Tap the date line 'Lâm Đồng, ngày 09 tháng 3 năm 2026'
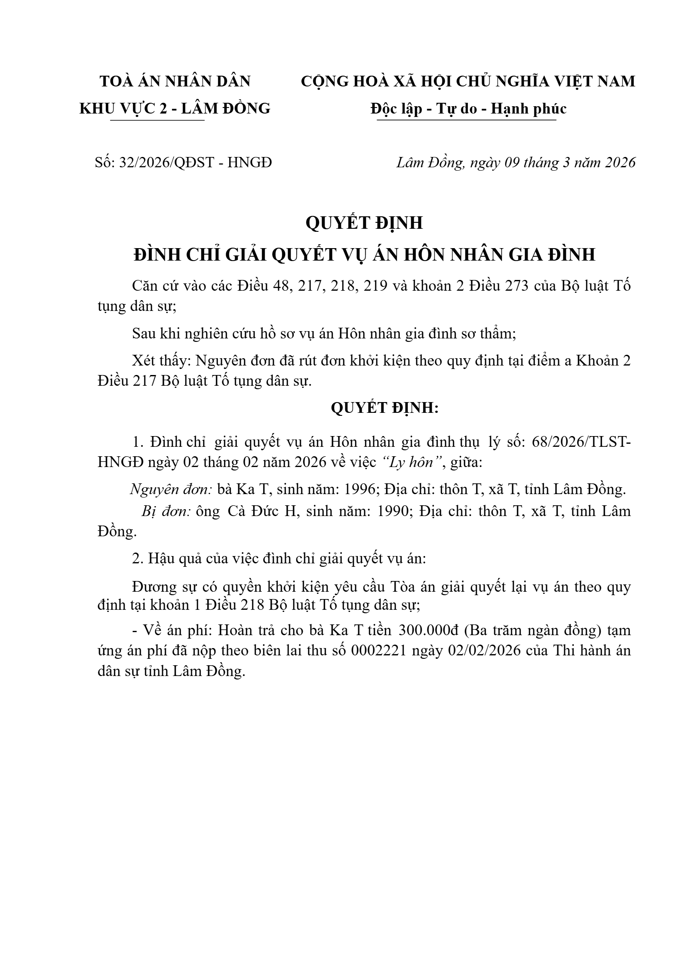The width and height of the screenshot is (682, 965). click(516, 163)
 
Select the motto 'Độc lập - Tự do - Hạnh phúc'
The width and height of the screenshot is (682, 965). click(468, 108)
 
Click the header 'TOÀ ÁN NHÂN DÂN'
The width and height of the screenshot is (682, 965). click(175, 81)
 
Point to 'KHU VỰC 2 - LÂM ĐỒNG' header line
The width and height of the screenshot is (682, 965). click(175, 108)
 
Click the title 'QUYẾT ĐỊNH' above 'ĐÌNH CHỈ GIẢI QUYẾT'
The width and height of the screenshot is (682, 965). click(364, 223)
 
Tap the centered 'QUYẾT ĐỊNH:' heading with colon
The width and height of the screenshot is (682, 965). click(384, 408)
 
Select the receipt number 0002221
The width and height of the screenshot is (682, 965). click(379, 651)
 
